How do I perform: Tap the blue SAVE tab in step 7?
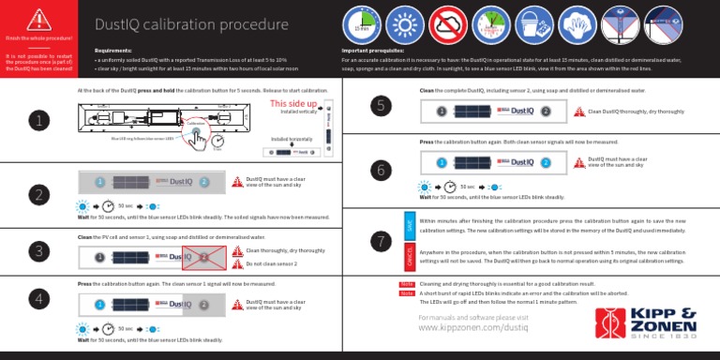coord(409,225)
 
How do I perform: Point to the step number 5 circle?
coord(380,106)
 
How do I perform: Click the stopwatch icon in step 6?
coord(450,187)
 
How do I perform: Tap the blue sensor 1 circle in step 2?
coord(98,182)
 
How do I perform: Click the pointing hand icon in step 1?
coord(198,139)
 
